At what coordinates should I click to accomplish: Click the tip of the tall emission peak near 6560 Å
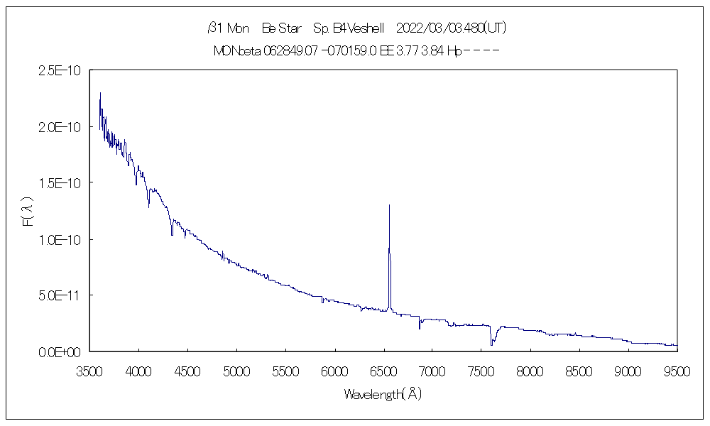click(x=389, y=205)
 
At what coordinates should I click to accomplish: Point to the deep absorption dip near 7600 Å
click(x=491, y=344)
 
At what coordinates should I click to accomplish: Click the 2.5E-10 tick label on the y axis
click(x=62, y=70)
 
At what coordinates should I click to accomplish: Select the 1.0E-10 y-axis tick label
click(x=62, y=239)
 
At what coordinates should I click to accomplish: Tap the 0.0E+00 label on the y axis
click(x=62, y=351)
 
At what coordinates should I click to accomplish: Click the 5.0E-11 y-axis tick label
click(x=62, y=295)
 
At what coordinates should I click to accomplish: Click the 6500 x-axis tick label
click(x=383, y=371)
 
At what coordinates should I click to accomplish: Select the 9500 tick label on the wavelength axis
click(x=677, y=371)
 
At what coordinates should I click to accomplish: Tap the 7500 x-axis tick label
click(x=481, y=371)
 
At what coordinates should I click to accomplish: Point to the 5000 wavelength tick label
click(x=236, y=371)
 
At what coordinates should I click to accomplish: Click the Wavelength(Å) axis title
click(x=383, y=394)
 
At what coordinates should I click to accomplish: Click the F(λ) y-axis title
click(x=28, y=211)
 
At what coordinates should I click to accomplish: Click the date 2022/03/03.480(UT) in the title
click(x=451, y=28)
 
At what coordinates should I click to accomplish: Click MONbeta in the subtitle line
click(x=237, y=50)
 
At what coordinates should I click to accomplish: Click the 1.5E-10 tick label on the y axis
click(x=62, y=183)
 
